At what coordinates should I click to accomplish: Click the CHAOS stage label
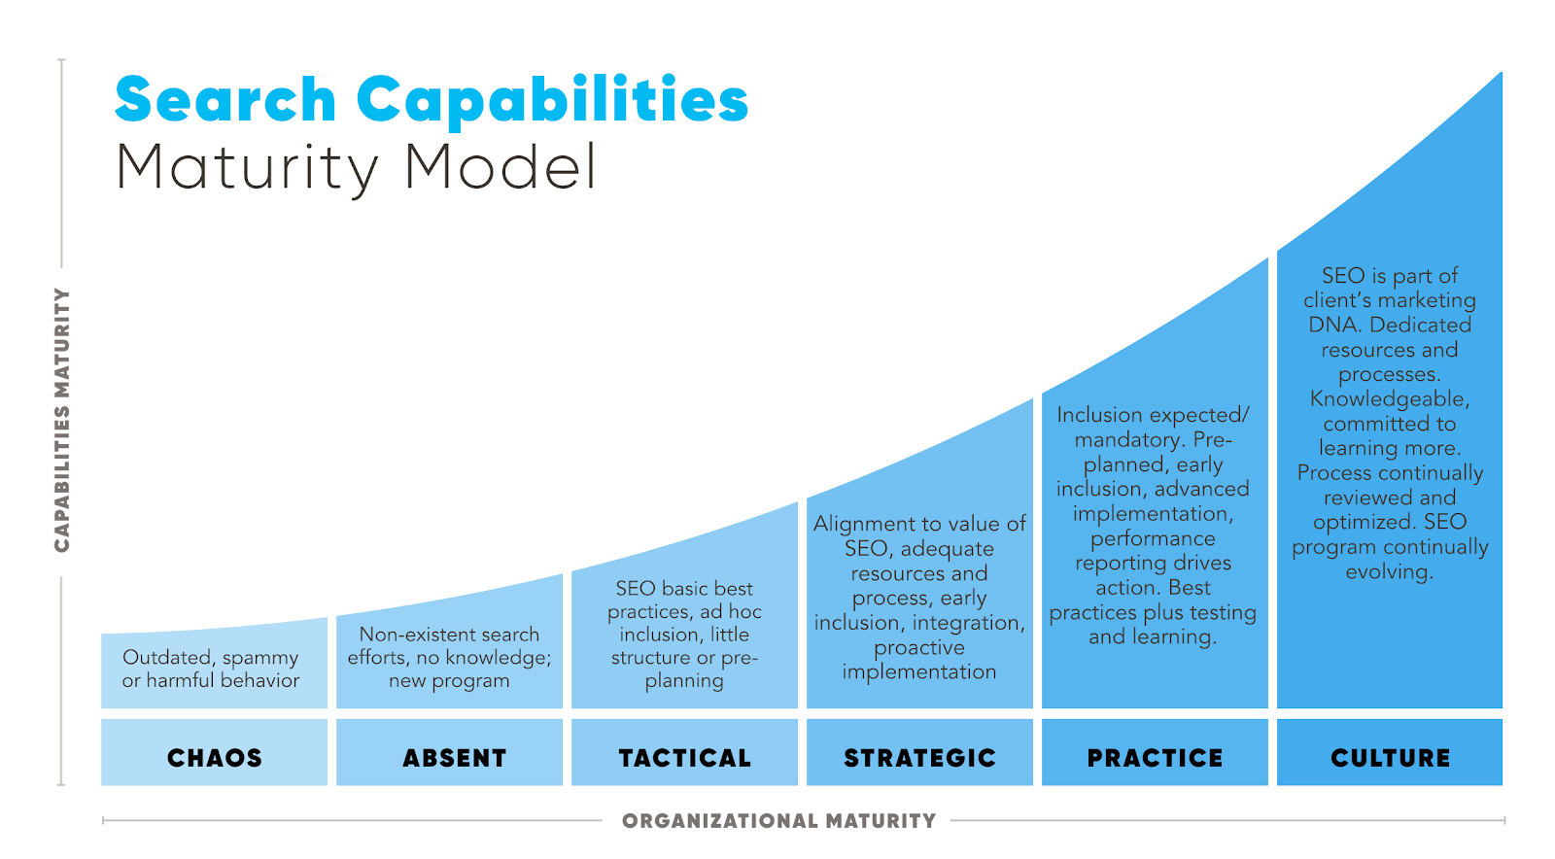[215, 758]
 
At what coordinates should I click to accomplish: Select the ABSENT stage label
[455, 758]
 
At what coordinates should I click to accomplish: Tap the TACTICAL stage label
[685, 758]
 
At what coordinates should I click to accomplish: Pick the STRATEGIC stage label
[919, 758]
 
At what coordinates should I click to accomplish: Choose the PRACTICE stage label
[1155, 758]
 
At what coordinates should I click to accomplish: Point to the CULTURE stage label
[1390, 758]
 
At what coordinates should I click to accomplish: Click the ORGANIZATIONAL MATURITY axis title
[778, 821]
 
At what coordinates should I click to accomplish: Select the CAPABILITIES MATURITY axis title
[62, 420]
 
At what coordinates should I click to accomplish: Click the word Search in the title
[225, 100]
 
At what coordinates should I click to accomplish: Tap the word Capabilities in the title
[552, 100]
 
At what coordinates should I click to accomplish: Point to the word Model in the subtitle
[501, 167]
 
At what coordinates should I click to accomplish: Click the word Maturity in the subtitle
[247, 169]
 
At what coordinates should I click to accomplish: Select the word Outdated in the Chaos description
[166, 658]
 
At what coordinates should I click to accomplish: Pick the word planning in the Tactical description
[684, 681]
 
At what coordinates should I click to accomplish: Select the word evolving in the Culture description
[1389, 571]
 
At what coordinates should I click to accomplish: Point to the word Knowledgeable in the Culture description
[1389, 399]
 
